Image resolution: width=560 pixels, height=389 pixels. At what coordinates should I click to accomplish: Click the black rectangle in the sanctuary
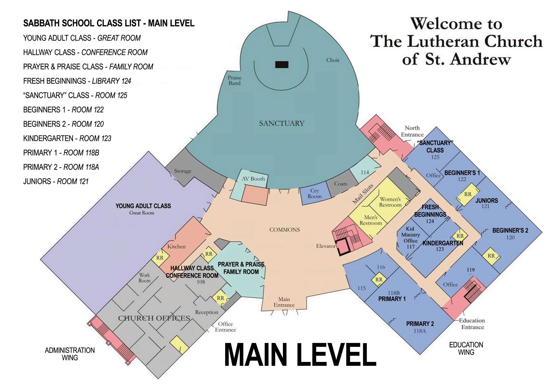point(282,64)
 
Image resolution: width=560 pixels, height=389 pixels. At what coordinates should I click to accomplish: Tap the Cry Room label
point(314,193)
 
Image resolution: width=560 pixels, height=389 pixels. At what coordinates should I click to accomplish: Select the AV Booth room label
point(253,179)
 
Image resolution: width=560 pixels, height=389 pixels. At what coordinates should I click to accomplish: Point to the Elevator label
point(326,246)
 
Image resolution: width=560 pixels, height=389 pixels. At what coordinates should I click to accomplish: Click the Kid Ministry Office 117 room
point(410,238)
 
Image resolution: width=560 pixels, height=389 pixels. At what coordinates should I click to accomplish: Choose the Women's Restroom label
point(390,202)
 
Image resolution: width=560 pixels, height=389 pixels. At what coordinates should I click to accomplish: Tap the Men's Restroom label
point(371,220)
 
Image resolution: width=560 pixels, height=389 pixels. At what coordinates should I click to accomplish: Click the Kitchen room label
point(176,246)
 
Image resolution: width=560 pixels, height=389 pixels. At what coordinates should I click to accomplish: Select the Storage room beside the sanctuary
point(183,171)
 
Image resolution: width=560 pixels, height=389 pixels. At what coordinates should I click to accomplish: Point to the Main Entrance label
point(284,302)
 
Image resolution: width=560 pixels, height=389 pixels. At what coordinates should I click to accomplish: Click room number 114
point(365,172)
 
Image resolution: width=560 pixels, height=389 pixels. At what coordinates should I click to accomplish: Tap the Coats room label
point(341,184)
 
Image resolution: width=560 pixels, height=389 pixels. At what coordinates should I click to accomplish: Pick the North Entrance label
point(412,131)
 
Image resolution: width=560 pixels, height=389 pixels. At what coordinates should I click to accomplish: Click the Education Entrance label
point(472,324)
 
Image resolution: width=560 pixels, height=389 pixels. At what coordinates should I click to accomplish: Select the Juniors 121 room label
point(486,203)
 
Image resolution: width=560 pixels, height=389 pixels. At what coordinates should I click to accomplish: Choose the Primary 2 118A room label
point(420,327)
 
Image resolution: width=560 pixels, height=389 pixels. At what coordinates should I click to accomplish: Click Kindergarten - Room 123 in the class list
point(67,138)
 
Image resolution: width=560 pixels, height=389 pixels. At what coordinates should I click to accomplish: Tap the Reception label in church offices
point(206,312)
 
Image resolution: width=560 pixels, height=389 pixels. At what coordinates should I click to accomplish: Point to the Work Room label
point(144,278)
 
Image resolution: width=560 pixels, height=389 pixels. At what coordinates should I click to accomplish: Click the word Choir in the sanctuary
point(333,60)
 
